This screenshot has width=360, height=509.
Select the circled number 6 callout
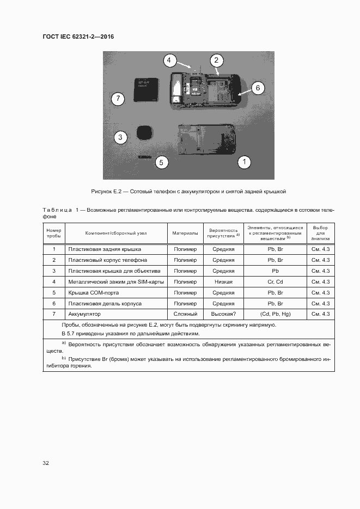point(258,87)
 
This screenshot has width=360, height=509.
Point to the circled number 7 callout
point(117,99)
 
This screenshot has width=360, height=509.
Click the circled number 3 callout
point(120,137)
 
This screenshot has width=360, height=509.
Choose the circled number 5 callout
point(160,162)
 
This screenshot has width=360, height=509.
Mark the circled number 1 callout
point(245,161)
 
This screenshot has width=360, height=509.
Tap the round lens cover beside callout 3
point(144,133)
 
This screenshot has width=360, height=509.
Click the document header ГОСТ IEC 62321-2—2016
point(78,37)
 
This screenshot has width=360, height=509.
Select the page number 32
point(46,463)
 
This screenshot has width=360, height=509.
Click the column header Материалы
point(185,233)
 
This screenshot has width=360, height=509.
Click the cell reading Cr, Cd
point(275,281)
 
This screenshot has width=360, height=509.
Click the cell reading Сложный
point(185,314)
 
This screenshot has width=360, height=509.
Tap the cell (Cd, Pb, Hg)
point(275,314)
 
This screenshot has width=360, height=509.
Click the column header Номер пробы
point(54,233)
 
